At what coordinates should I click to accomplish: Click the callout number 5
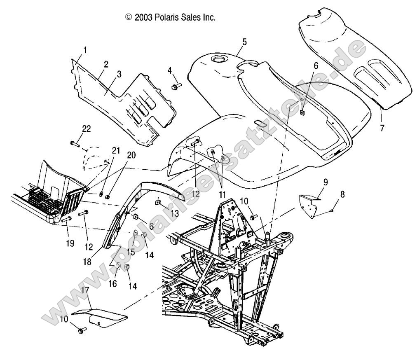(x=244, y=42)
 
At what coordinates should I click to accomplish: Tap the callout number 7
(x=382, y=128)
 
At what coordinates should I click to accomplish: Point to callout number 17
(x=85, y=290)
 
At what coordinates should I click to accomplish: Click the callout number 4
(x=169, y=70)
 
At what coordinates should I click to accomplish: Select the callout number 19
(x=70, y=243)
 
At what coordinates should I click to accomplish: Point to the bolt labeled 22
(x=75, y=143)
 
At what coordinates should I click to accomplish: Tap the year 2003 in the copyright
(x=143, y=18)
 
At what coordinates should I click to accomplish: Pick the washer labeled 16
(x=117, y=266)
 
